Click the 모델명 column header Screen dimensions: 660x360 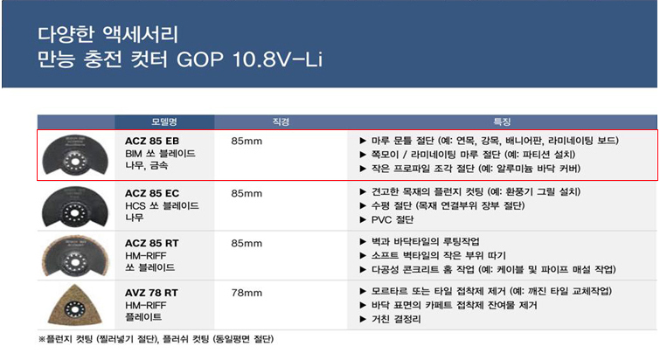tap(164, 122)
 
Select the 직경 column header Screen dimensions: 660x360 tap(281, 122)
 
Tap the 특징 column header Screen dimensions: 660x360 tap(502, 122)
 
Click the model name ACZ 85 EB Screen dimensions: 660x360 tap(152, 141)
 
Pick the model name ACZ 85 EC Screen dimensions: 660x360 tap(152, 193)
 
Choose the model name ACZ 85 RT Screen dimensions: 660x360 tap(152, 243)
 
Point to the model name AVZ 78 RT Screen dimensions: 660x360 tap(151, 293)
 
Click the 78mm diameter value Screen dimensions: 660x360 tap(247, 293)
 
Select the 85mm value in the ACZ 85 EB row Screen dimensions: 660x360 tap(247, 141)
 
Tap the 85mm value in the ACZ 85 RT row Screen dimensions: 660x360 tap(247, 243)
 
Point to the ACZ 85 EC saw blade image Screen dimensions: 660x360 tap(75, 207)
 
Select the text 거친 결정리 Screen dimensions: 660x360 tap(396, 319)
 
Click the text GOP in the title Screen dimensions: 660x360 tap(200, 59)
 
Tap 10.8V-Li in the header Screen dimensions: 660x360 tap(277, 59)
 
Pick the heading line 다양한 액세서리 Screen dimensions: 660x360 tap(108, 34)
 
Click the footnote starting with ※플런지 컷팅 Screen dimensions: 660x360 tap(156, 339)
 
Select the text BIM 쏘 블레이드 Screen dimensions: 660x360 tap(160, 154)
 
